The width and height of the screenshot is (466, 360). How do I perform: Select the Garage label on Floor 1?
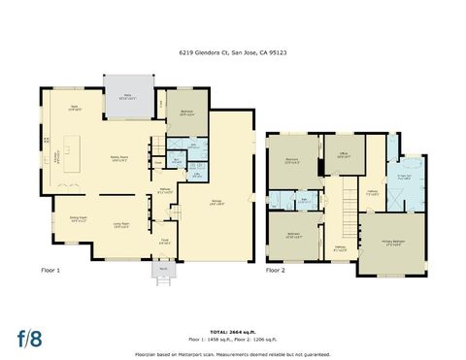(216, 202)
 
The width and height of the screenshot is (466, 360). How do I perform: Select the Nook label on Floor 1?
(74, 109)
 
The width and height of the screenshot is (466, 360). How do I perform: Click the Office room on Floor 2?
(344, 154)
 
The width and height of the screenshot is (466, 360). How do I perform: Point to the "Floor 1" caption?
(51, 271)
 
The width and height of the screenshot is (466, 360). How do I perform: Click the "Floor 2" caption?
(276, 271)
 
